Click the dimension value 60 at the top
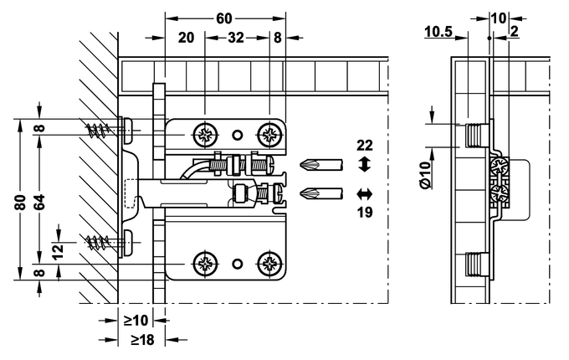[x=223, y=18]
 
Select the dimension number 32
[x=236, y=38]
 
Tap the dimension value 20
[x=186, y=38]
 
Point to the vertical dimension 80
[x=22, y=202]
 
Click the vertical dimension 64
[x=40, y=202]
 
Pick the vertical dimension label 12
[x=58, y=251]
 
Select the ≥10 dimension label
[x=136, y=321]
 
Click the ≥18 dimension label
[x=142, y=340]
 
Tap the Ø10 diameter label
[x=426, y=174]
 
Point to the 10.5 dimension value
[x=438, y=32]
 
